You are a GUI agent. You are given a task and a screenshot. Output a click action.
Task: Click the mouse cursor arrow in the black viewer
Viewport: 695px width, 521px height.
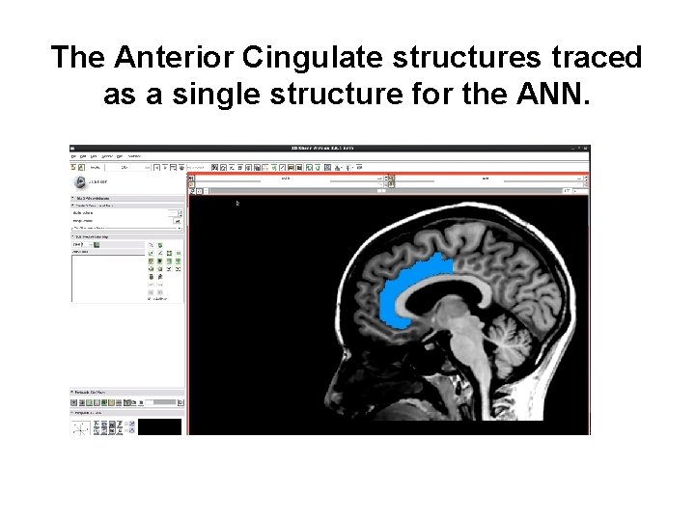pyautogui.click(x=238, y=203)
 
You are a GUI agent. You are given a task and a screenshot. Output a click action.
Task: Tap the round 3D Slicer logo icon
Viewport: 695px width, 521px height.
pyautogui.click(x=78, y=181)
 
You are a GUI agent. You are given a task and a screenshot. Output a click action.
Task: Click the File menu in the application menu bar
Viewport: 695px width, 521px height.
pyautogui.click(x=74, y=156)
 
